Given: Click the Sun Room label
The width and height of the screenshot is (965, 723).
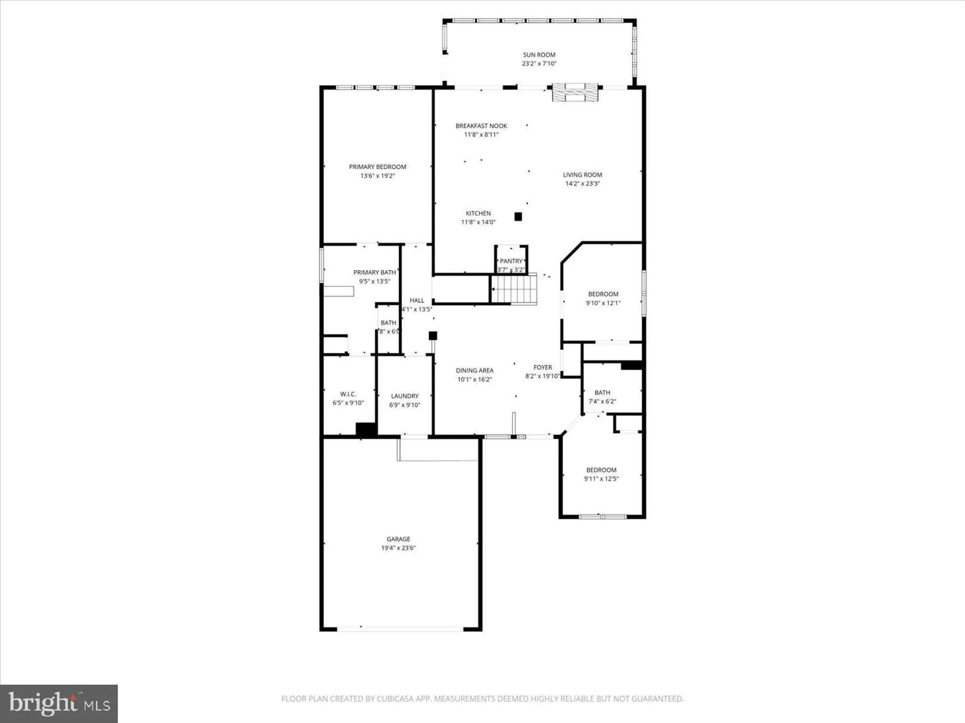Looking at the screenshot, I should point(539,55).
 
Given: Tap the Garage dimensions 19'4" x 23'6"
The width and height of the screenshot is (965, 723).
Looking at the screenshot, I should point(398,548).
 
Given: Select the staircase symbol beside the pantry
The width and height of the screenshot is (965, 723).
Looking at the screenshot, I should point(514,289).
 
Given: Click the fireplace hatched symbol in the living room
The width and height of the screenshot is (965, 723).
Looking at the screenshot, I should point(575,92).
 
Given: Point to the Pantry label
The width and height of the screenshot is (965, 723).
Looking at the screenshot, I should point(511,261).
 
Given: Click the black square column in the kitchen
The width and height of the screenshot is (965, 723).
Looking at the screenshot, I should point(518,217).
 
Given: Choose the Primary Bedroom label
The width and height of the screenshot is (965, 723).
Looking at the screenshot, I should point(377,167).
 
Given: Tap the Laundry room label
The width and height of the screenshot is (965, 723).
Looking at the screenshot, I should point(405,396).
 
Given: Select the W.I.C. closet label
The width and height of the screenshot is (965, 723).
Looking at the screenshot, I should point(348,394).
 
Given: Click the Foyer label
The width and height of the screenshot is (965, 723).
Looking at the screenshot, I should point(543,367).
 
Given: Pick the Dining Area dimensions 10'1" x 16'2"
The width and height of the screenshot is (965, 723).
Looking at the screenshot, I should point(474,379).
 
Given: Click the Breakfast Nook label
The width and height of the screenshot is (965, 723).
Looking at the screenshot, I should point(481,126).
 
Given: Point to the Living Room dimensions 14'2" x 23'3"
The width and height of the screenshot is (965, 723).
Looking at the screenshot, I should point(582,184).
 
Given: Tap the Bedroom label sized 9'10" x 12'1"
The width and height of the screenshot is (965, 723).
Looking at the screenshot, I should point(603,294).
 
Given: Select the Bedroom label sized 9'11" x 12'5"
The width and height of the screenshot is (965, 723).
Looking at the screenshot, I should point(601,470).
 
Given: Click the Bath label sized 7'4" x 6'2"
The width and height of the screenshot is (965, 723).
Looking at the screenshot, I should point(602,393).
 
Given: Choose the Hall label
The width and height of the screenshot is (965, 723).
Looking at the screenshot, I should point(417,300).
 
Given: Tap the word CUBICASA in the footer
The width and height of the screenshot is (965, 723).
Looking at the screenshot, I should point(397,699).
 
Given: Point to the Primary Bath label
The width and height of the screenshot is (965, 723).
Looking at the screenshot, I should point(374,272).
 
